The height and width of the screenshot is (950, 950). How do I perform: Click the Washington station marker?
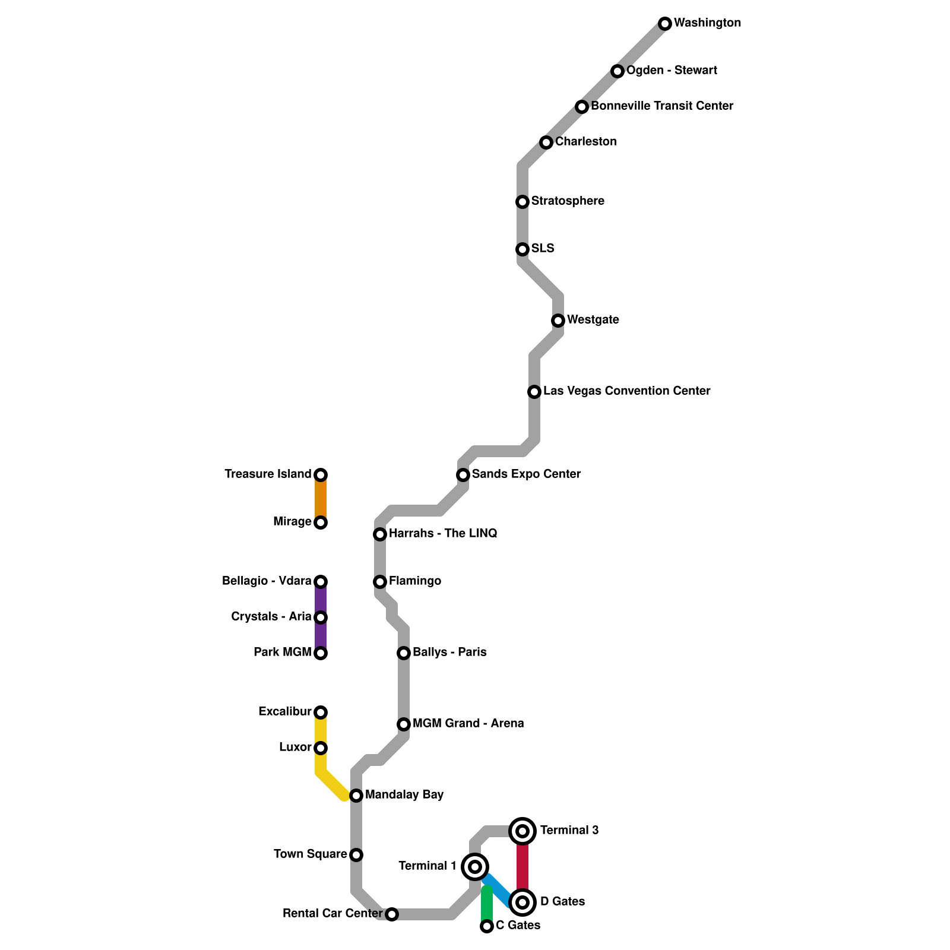665,24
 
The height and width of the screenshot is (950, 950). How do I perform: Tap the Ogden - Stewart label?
672,71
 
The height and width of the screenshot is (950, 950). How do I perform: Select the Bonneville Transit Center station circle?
582,107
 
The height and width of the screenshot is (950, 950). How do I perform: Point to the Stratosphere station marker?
522,202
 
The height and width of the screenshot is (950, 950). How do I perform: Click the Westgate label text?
593,320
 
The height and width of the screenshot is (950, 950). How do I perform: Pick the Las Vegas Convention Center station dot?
534,392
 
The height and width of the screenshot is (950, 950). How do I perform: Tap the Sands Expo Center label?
526,474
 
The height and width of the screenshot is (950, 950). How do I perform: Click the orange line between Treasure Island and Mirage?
321,499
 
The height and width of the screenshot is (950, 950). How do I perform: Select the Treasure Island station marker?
321,475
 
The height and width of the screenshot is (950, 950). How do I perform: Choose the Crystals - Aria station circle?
321,617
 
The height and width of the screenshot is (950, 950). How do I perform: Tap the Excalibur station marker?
321,712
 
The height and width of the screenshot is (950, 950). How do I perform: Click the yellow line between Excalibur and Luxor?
321,730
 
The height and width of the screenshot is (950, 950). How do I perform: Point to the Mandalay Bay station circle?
356,796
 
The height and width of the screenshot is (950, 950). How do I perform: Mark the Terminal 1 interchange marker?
475,867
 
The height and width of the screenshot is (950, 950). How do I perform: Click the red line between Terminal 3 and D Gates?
522,867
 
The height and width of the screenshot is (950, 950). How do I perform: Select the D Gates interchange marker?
522,902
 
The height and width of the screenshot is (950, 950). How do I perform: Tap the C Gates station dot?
487,926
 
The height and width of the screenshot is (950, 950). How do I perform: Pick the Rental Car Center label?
332,914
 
